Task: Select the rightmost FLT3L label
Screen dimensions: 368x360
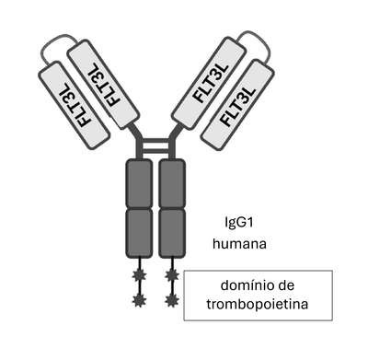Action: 238,107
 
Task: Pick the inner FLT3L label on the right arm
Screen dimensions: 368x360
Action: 211,83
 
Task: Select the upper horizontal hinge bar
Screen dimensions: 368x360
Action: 156,142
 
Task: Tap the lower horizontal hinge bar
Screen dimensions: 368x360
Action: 156,151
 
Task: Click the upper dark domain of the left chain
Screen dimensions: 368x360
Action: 139,183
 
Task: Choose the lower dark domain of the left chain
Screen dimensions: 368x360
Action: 139,233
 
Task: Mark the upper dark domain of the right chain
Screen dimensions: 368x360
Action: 172,183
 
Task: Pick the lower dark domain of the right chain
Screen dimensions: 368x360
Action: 172,233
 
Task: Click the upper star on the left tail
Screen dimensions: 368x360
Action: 139,275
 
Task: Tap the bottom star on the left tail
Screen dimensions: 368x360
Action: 139,300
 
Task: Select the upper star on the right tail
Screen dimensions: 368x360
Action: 172,275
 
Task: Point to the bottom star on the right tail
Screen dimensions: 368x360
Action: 172,300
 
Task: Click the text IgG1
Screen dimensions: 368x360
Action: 239,223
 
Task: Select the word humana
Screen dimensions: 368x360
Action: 239,245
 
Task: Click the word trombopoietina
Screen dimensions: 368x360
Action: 257,305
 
